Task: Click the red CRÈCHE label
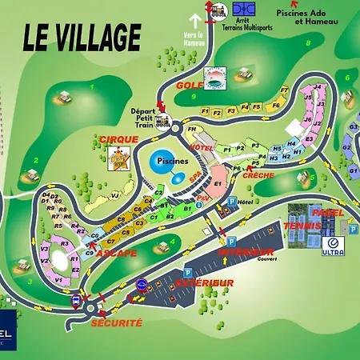coord(258,175)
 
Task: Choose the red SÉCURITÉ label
coord(117,322)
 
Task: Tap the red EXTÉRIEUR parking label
coord(206,283)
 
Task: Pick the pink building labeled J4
coord(318,87)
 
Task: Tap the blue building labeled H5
coord(277,148)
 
